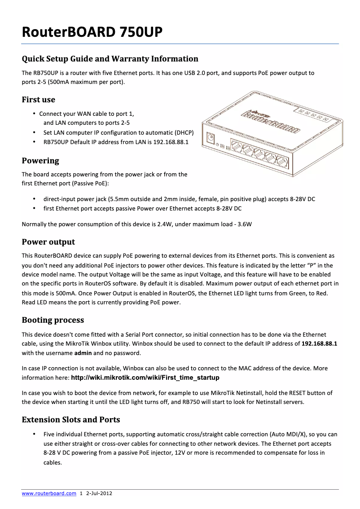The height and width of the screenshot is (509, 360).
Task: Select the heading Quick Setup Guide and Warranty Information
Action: [x=110, y=59]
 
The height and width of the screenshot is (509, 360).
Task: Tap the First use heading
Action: [x=39, y=100]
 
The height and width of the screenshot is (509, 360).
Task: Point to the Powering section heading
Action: [x=40, y=161]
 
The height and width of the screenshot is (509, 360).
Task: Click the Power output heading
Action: [x=48, y=242]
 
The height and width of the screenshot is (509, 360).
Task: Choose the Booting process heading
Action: [x=53, y=320]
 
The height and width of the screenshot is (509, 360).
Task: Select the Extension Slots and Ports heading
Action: [x=71, y=420]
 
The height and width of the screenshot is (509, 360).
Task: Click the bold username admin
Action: [x=83, y=353]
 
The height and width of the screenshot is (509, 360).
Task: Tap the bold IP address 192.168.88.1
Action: [x=319, y=343]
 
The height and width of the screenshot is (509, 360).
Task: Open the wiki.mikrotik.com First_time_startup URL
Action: [x=145, y=377]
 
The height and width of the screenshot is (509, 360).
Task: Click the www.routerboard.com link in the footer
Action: [x=49, y=493]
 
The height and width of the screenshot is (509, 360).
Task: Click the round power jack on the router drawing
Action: [x=210, y=138]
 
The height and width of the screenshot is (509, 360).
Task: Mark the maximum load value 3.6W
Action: [x=244, y=224]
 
